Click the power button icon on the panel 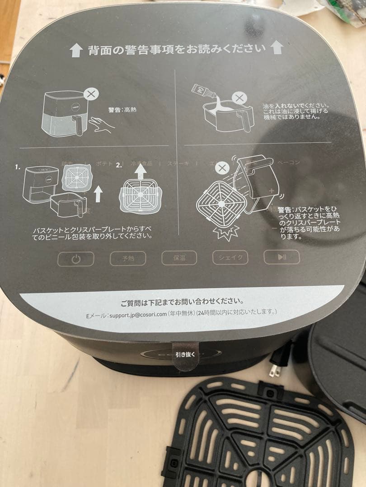(75, 259)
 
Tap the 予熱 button (128, 258)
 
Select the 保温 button (179, 257)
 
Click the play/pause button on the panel (281, 257)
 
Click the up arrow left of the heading (76, 50)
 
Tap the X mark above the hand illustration (92, 94)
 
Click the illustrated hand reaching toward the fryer (100, 124)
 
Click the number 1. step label (18, 166)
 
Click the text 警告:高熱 (122, 110)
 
